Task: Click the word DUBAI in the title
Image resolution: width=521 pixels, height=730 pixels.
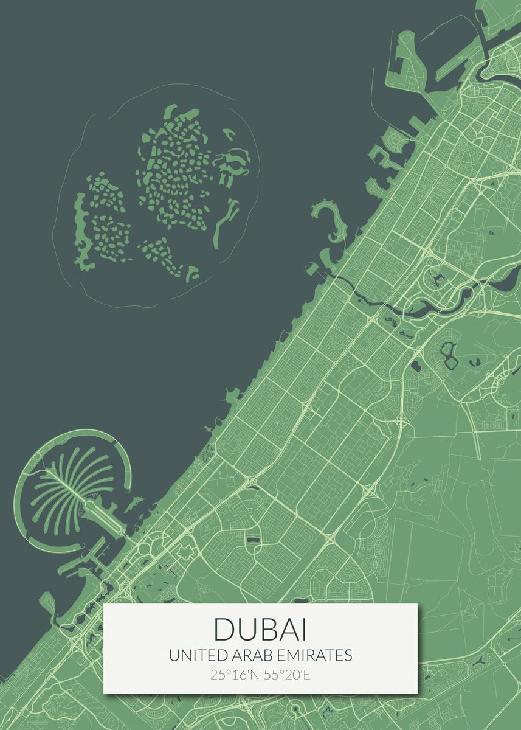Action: [x=260, y=630]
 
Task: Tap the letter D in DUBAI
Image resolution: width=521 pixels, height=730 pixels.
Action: [x=223, y=630]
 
